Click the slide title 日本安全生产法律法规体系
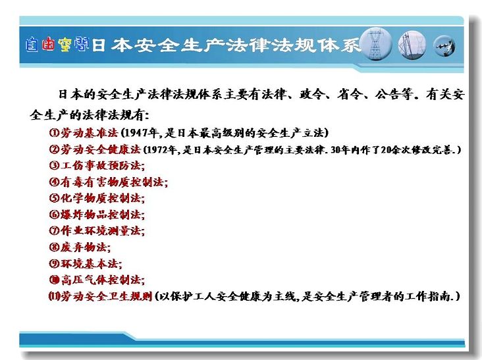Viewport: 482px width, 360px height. tap(226, 45)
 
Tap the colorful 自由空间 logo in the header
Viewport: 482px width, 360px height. tap(57, 45)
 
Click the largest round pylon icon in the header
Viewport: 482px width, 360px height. tap(375, 44)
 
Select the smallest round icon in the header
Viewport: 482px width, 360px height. tap(444, 46)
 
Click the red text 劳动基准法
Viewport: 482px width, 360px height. tap(89, 133)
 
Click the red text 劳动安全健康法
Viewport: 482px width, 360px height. tap(101, 149)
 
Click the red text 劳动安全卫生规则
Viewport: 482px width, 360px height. tap(107, 296)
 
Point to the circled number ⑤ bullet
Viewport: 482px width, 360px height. tap(54, 198)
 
